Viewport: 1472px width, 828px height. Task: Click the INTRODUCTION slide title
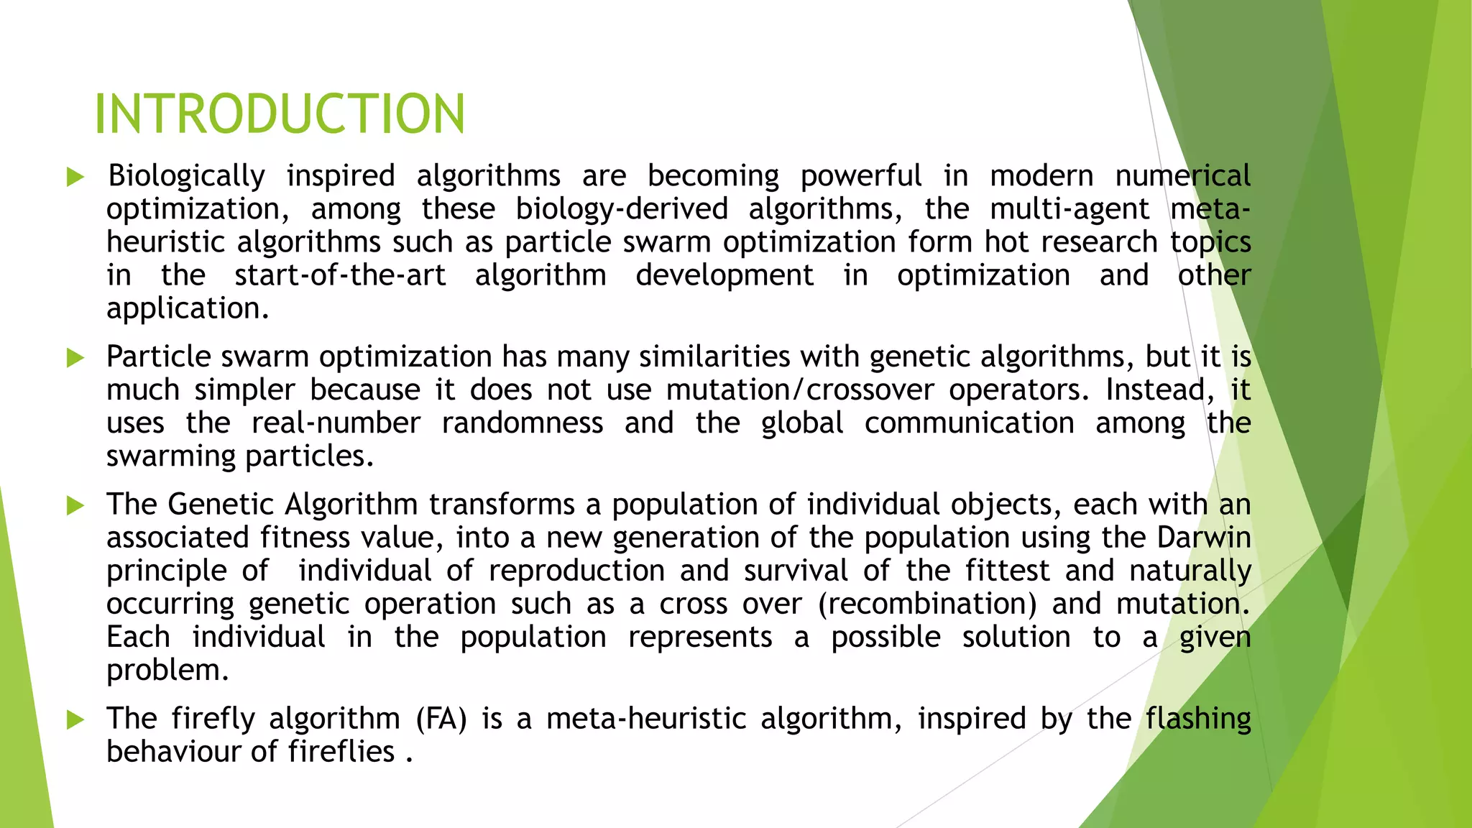[x=280, y=114]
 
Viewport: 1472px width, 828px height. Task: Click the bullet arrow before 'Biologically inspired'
[x=75, y=177]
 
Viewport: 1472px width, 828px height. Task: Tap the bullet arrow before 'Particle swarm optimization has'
[x=75, y=357]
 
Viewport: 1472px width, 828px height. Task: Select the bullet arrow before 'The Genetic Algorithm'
[x=75, y=505]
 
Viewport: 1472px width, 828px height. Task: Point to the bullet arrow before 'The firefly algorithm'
[x=75, y=719]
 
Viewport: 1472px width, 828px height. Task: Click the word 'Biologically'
[x=186, y=176]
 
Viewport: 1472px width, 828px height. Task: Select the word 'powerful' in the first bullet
[x=860, y=176]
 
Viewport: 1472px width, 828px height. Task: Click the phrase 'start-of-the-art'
[x=340, y=275]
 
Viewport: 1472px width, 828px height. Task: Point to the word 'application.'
[x=188, y=308]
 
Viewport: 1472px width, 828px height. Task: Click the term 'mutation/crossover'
[x=800, y=390]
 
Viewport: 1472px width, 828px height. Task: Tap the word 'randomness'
[x=523, y=423]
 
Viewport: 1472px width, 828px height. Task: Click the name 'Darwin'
[x=1204, y=538]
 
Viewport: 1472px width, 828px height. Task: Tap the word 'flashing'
[x=1198, y=719]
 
